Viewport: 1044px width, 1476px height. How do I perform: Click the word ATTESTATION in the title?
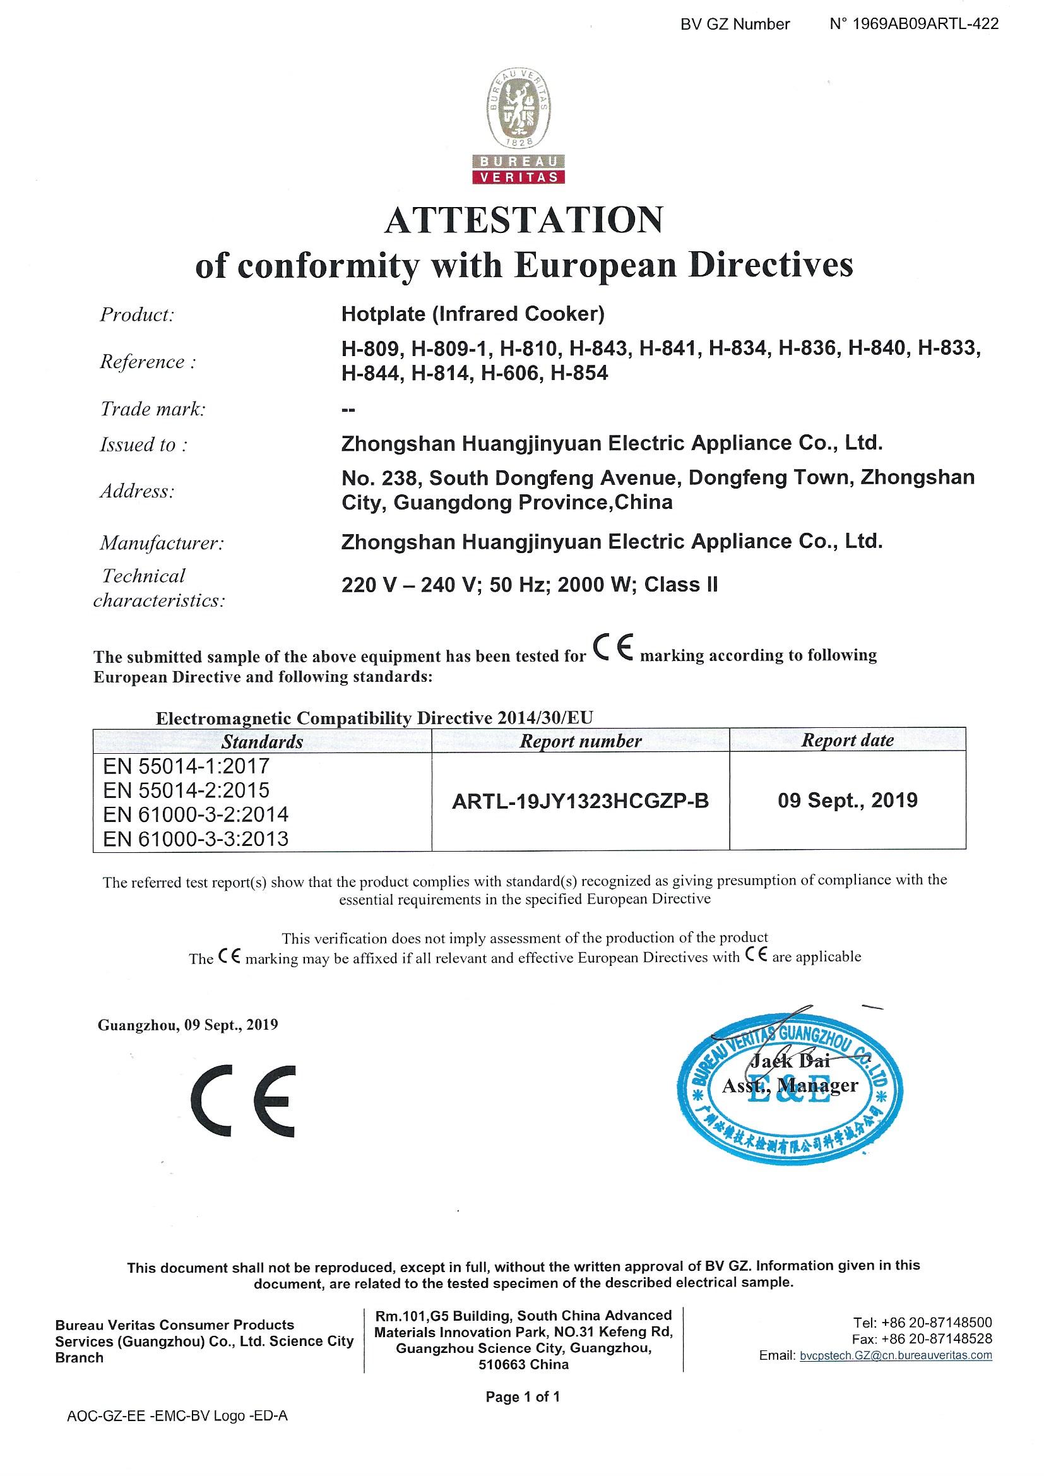523,220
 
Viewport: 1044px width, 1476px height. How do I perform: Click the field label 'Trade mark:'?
152,409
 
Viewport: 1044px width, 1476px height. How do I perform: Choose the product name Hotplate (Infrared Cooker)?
473,314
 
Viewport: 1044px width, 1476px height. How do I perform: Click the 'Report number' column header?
580,741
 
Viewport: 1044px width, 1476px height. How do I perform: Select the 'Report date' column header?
847,741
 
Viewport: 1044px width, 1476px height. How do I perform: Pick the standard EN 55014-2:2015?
186,790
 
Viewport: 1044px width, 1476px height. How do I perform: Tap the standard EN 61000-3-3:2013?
196,839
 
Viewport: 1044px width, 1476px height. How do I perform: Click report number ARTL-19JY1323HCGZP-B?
580,802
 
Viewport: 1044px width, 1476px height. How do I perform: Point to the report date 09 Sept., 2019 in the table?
847,801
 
